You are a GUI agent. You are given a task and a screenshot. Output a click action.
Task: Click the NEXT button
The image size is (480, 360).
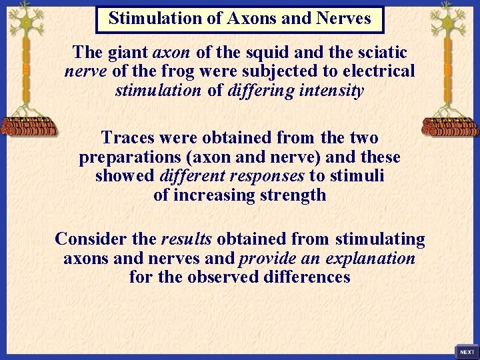467,351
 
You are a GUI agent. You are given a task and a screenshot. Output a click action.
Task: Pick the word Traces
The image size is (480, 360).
126,137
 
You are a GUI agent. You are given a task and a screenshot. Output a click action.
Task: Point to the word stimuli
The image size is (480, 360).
359,176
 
